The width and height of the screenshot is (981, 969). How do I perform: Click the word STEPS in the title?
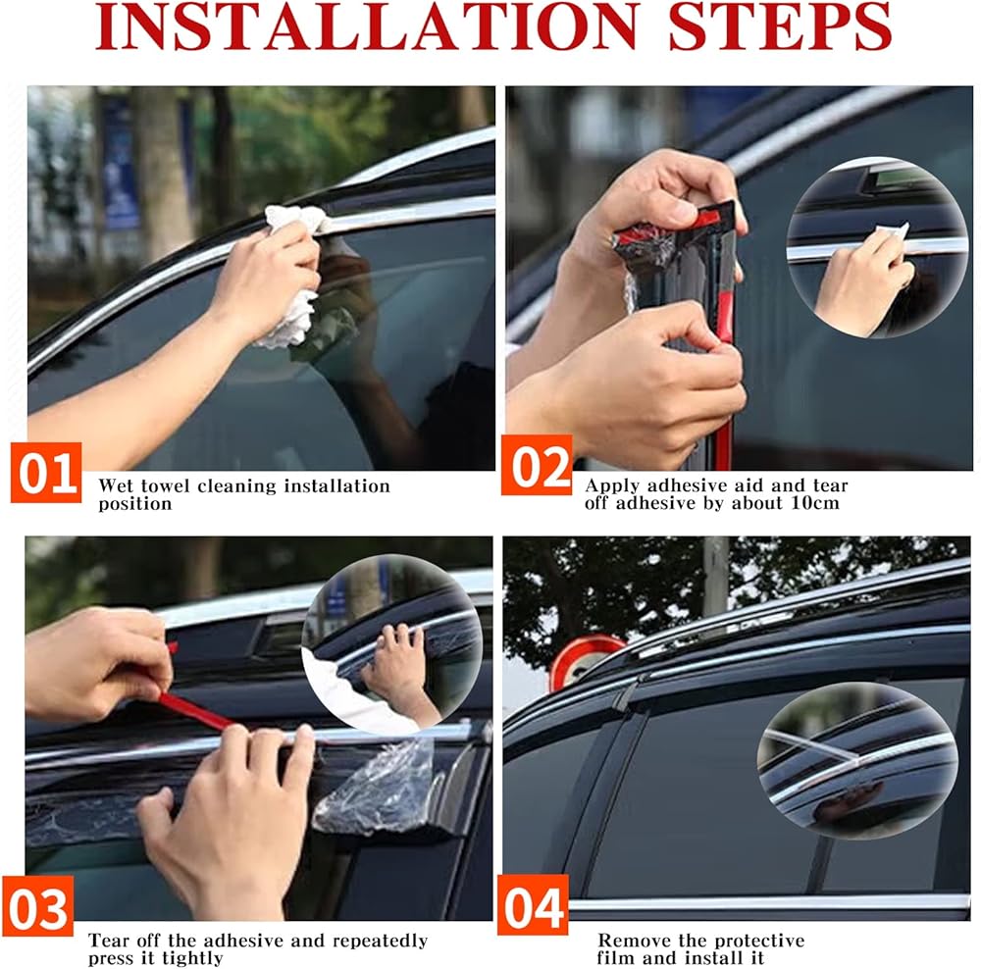coord(780,26)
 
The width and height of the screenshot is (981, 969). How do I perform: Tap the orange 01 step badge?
coord(46,473)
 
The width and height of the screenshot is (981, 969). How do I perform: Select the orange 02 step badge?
coord(537,466)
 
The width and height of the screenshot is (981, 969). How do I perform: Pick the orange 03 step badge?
coord(38,906)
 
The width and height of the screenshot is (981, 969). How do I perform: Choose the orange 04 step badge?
coord(533,905)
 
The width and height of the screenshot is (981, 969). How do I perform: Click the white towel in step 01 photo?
coord(294,276)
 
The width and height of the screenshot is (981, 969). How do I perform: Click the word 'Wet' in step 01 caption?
coord(117,486)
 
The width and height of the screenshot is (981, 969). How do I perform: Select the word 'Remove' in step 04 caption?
coord(629,941)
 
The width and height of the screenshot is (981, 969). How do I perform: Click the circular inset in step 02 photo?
coord(877,247)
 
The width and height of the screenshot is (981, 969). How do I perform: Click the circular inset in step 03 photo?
coord(392,644)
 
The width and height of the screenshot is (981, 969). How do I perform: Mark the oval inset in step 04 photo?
coord(857,761)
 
